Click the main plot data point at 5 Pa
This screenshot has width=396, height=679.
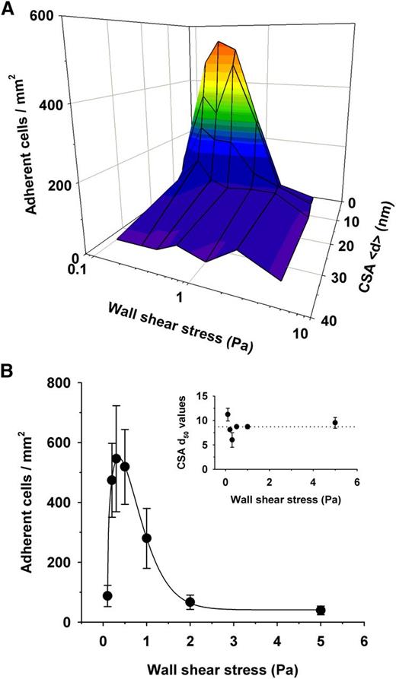[x=321, y=610]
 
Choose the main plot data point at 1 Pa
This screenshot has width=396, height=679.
[x=147, y=538]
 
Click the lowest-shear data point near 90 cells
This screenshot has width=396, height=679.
[x=107, y=595]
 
